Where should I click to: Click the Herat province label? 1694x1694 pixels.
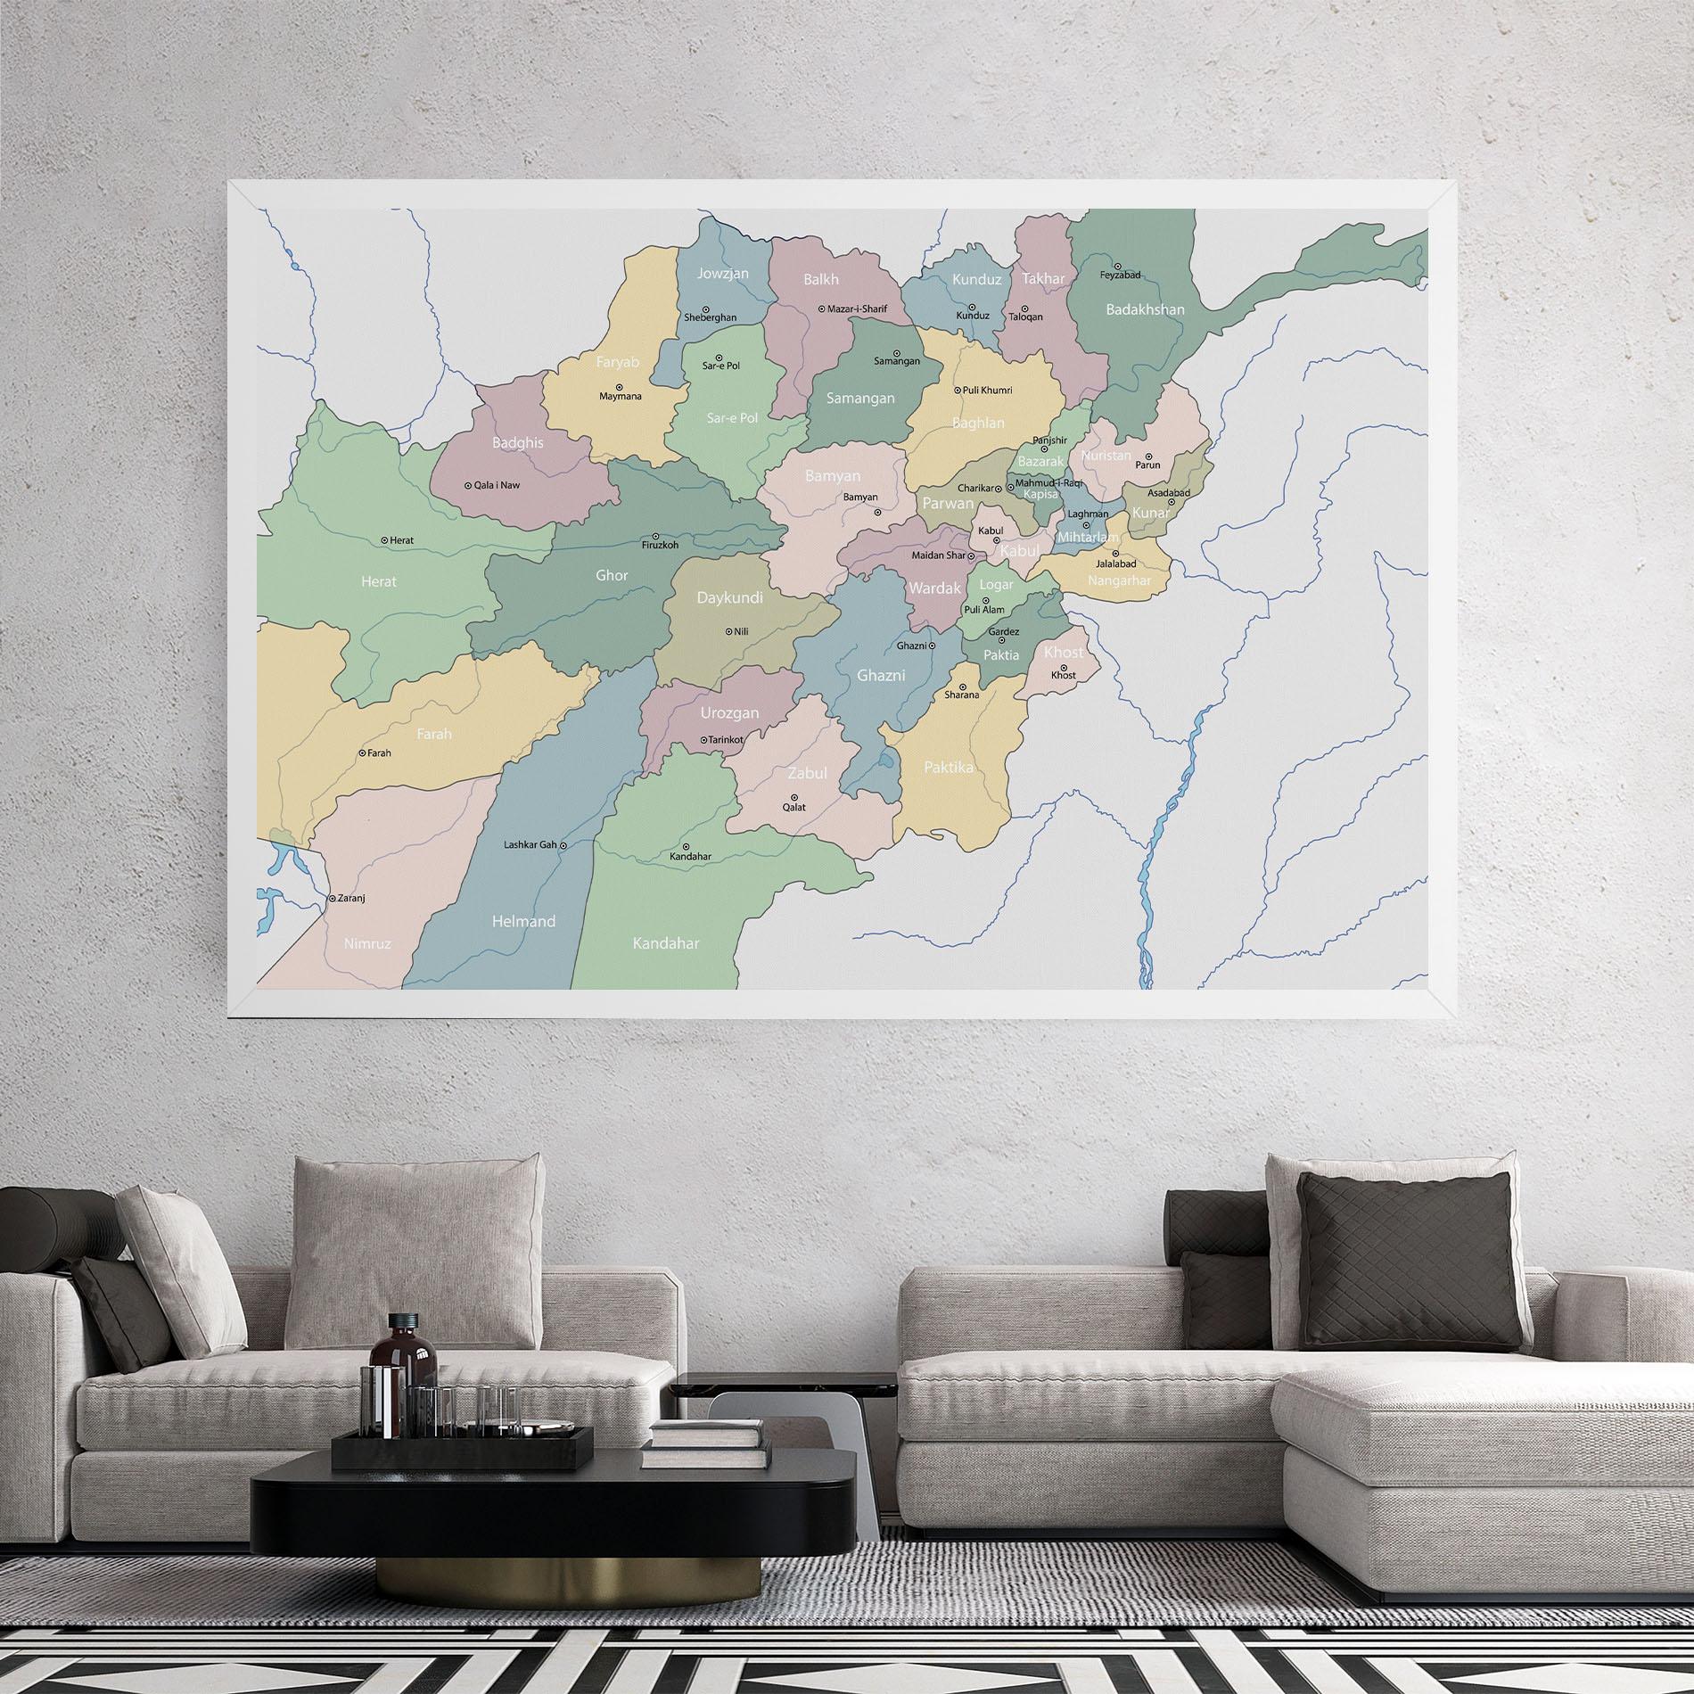(378, 581)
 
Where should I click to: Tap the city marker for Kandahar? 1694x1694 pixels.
(686, 846)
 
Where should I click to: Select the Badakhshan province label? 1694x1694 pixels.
(1145, 309)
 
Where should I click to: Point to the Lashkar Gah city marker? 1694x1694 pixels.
(563, 844)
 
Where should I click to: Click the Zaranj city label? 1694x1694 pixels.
(351, 898)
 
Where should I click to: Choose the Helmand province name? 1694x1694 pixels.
(523, 921)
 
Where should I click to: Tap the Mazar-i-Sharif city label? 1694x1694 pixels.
(857, 308)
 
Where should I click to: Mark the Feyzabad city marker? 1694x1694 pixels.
(1118, 266)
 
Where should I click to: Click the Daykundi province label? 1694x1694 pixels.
(729, 597)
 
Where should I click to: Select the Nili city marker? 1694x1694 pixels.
(728, 631)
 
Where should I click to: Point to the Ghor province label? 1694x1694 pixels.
(612, 575)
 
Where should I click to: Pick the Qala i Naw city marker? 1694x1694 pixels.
(468, 486)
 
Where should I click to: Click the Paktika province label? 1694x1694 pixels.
(949, 767)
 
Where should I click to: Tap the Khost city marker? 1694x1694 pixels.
(1064, 666)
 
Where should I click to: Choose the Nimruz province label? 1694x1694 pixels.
(367, 942)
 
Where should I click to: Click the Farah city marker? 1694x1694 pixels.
(362, 753)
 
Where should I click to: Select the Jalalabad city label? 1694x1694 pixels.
(1116, 564)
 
